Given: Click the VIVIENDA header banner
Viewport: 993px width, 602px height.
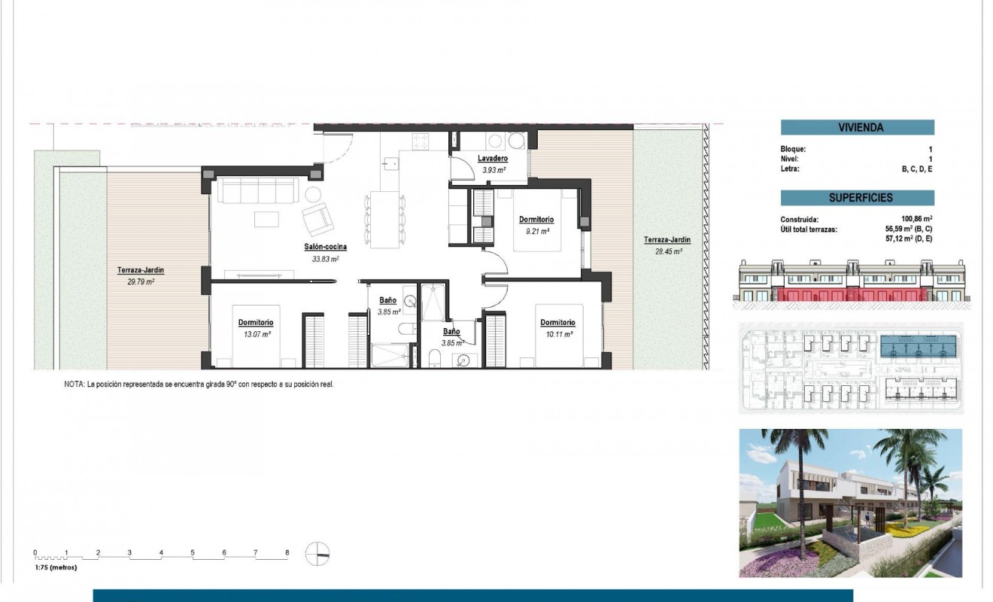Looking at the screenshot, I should coord(857,128).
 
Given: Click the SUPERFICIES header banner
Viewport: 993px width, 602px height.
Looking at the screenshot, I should coord(857,198).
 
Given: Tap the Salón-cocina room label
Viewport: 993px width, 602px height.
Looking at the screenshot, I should coord(325,247).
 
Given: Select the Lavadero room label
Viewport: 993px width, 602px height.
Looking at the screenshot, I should coord(493,159).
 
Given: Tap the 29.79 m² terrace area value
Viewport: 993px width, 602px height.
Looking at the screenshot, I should coord(141,281).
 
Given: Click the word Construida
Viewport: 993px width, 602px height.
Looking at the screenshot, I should coord(800,219).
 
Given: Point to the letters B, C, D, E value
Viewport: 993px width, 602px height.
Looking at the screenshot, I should coord(917,169).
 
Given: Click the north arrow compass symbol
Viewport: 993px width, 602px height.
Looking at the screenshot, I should coord(317,553).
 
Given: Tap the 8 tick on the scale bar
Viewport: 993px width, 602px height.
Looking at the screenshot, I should coord(287,552).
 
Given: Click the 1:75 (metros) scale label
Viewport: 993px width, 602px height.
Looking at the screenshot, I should coord(57,569).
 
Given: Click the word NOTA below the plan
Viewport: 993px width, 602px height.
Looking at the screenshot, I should coord(74,384).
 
